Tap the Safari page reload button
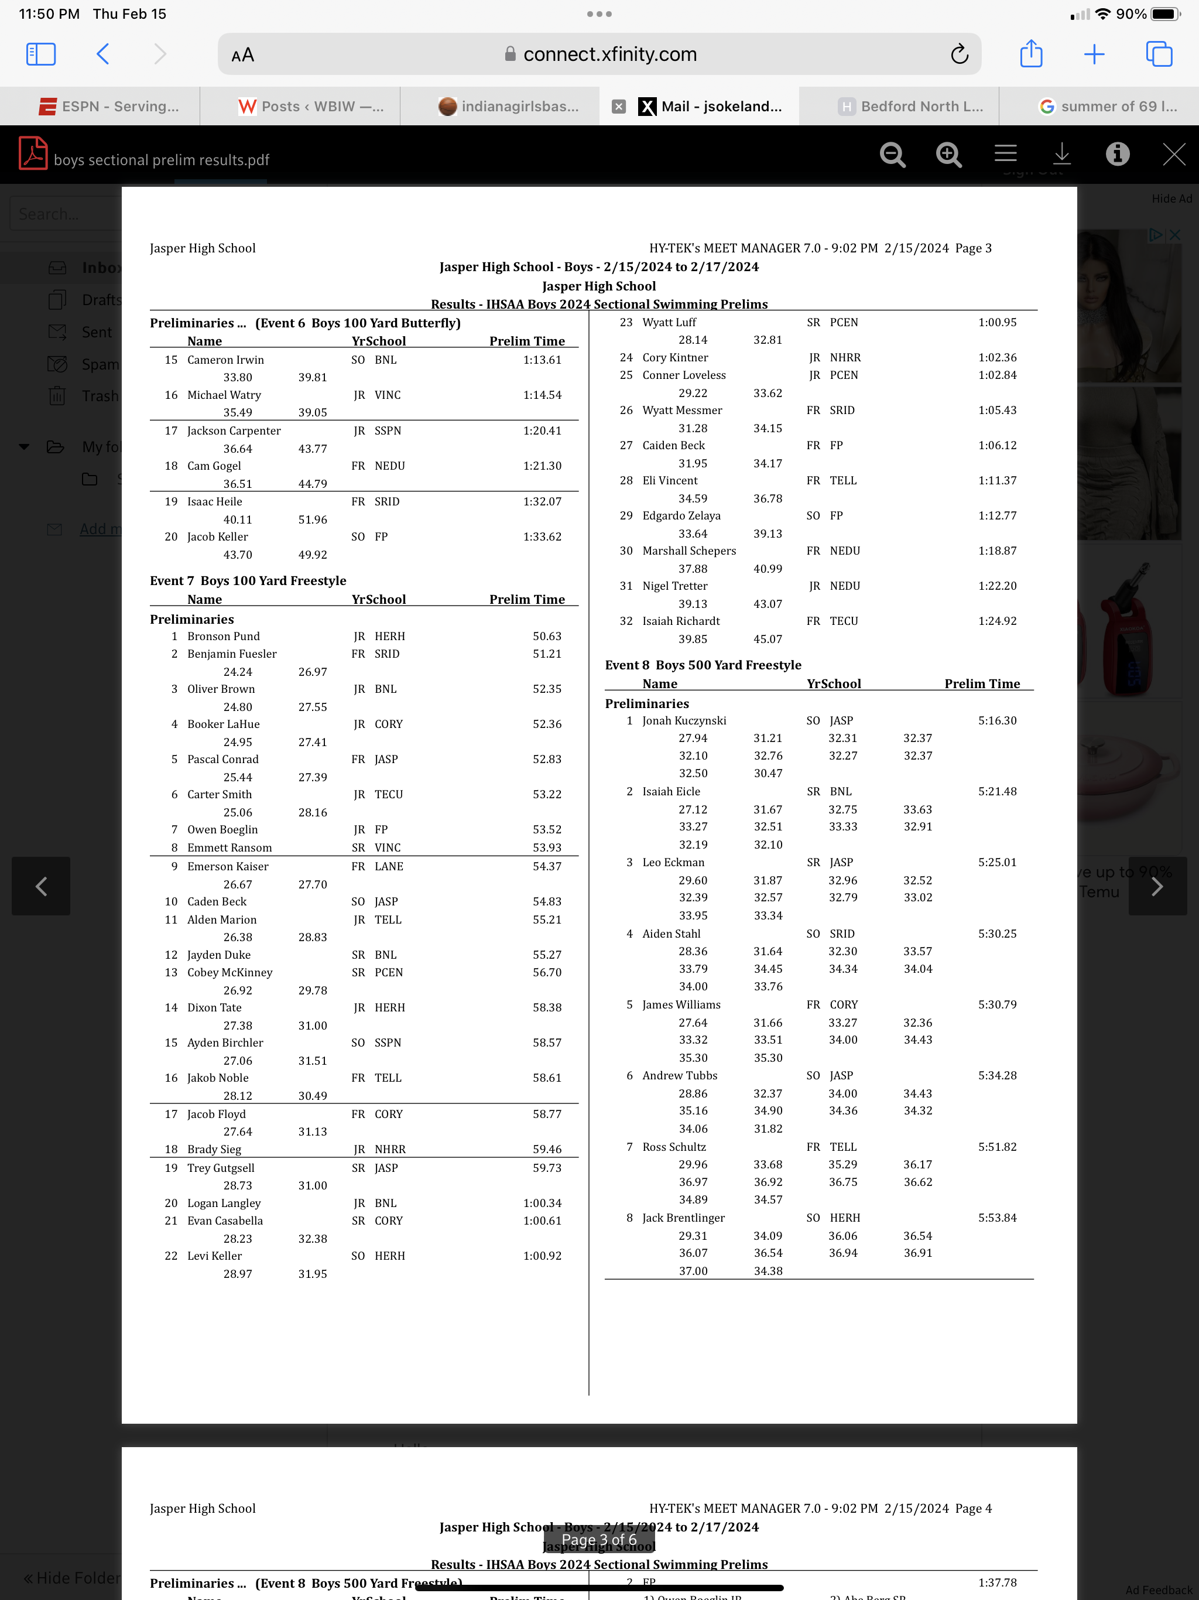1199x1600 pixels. click(959, 54)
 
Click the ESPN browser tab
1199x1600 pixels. click(108, 107)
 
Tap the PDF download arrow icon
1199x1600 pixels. click(1061, 154)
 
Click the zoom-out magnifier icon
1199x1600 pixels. click(892, 154)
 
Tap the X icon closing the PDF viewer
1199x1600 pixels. click(1173, 154)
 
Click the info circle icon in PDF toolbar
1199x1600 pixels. click(1117, 154)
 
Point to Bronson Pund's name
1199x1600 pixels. click(224, 637)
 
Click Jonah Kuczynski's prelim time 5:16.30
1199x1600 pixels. click(997, 720)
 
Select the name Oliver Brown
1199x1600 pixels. click(221, 689)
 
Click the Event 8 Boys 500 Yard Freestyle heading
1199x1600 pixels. click(703, 665)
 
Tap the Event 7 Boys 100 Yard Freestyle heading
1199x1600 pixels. click(248, 581)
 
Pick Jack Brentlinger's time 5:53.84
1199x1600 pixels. click(997, 1218)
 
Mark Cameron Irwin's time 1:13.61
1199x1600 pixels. click(542, 360)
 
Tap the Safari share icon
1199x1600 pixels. click(1030, 54)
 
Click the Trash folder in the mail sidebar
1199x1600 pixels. click(100, 396)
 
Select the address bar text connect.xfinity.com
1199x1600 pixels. click(609, 54)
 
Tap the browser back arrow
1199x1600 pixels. click(102, 54)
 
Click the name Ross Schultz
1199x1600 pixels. click(674, 1147)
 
